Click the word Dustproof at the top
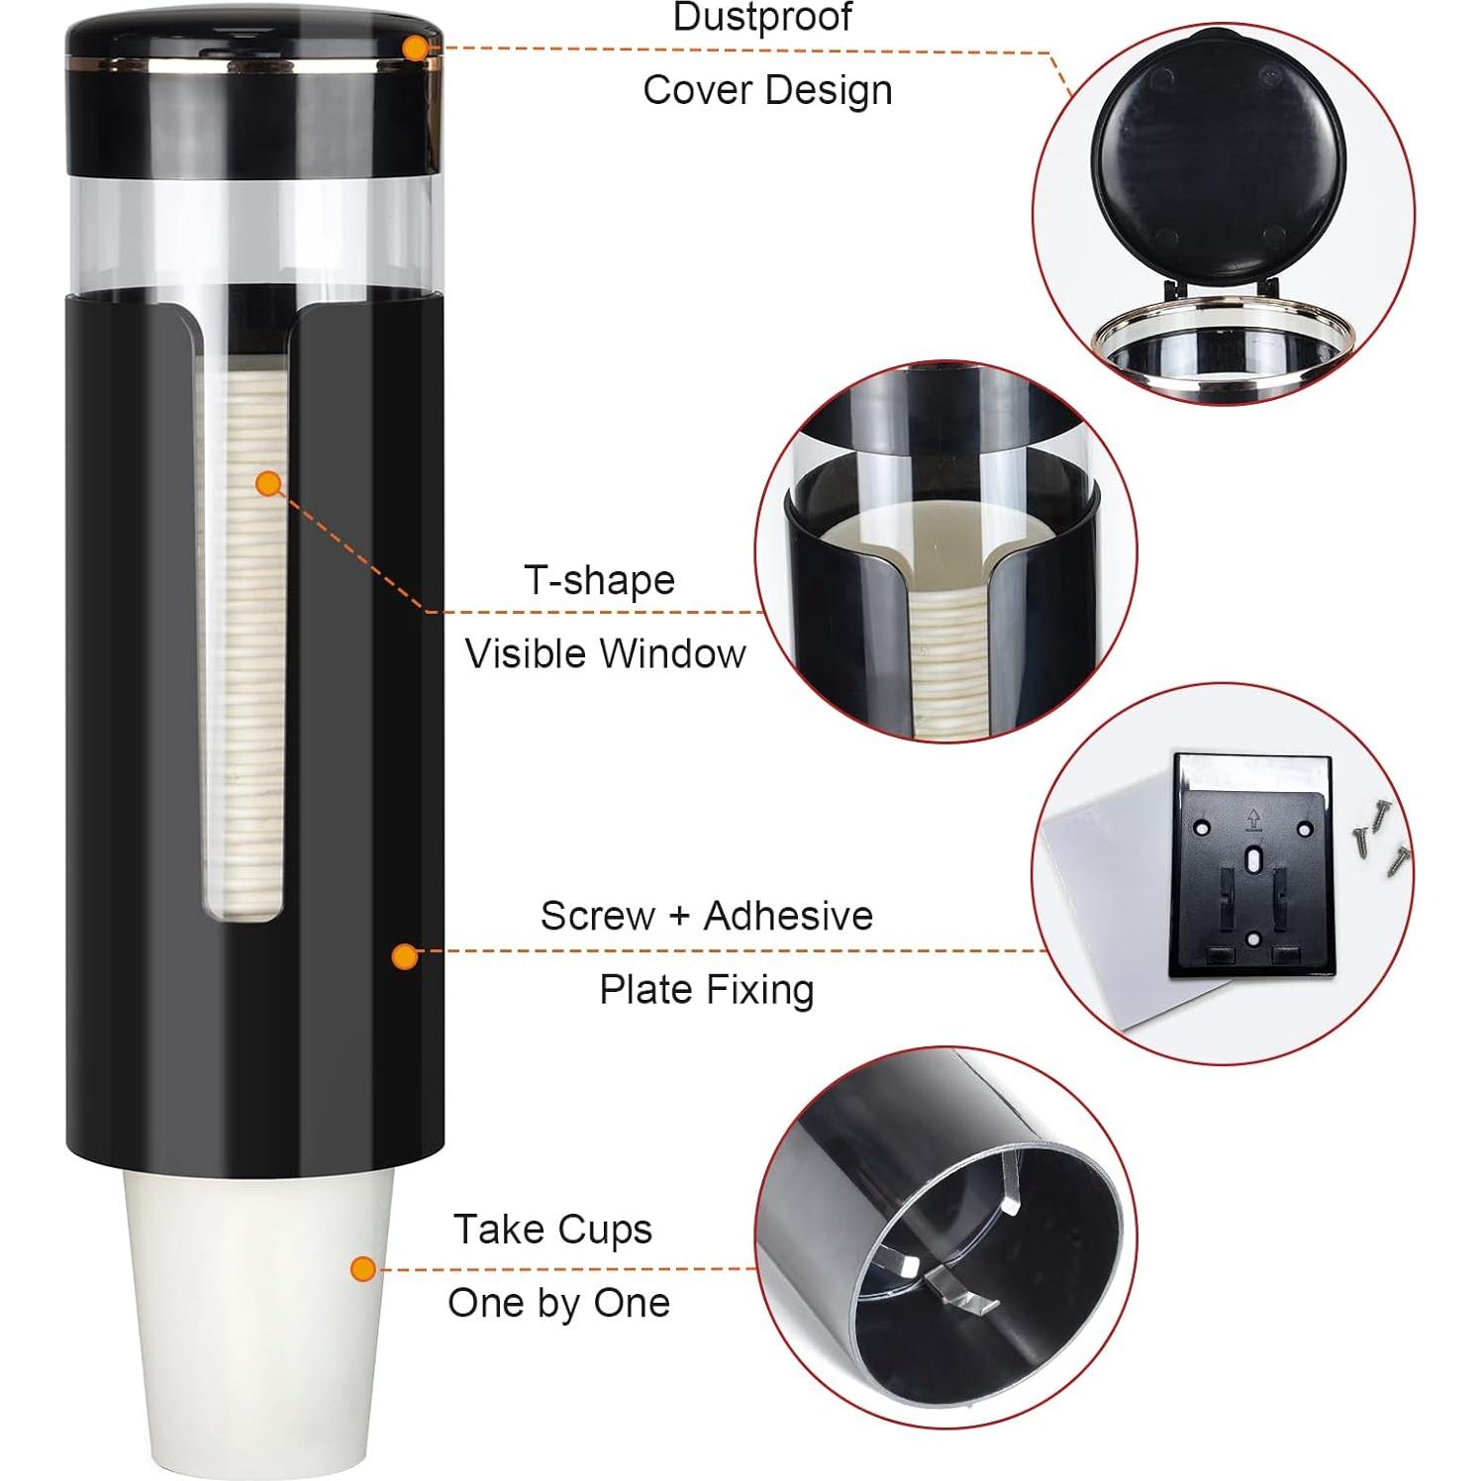coord(762,18)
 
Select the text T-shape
coord(600,580)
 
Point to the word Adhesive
coord(788,916)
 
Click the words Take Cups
coord(553,1230)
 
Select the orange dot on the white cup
coord(363,1268)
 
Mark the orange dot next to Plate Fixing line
coord(404,955)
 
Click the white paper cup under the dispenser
coord(257,1317)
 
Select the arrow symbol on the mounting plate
coord(1253,819)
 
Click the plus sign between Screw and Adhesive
coord(679,917)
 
